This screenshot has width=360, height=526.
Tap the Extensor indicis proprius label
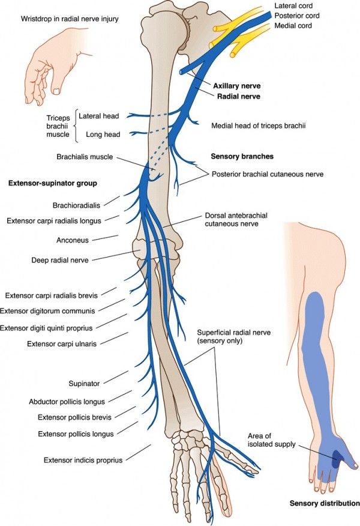(x=83, y=460)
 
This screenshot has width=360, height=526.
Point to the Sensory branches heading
(x=242, y=156)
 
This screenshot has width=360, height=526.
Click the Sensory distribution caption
(x=325, y=503)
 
